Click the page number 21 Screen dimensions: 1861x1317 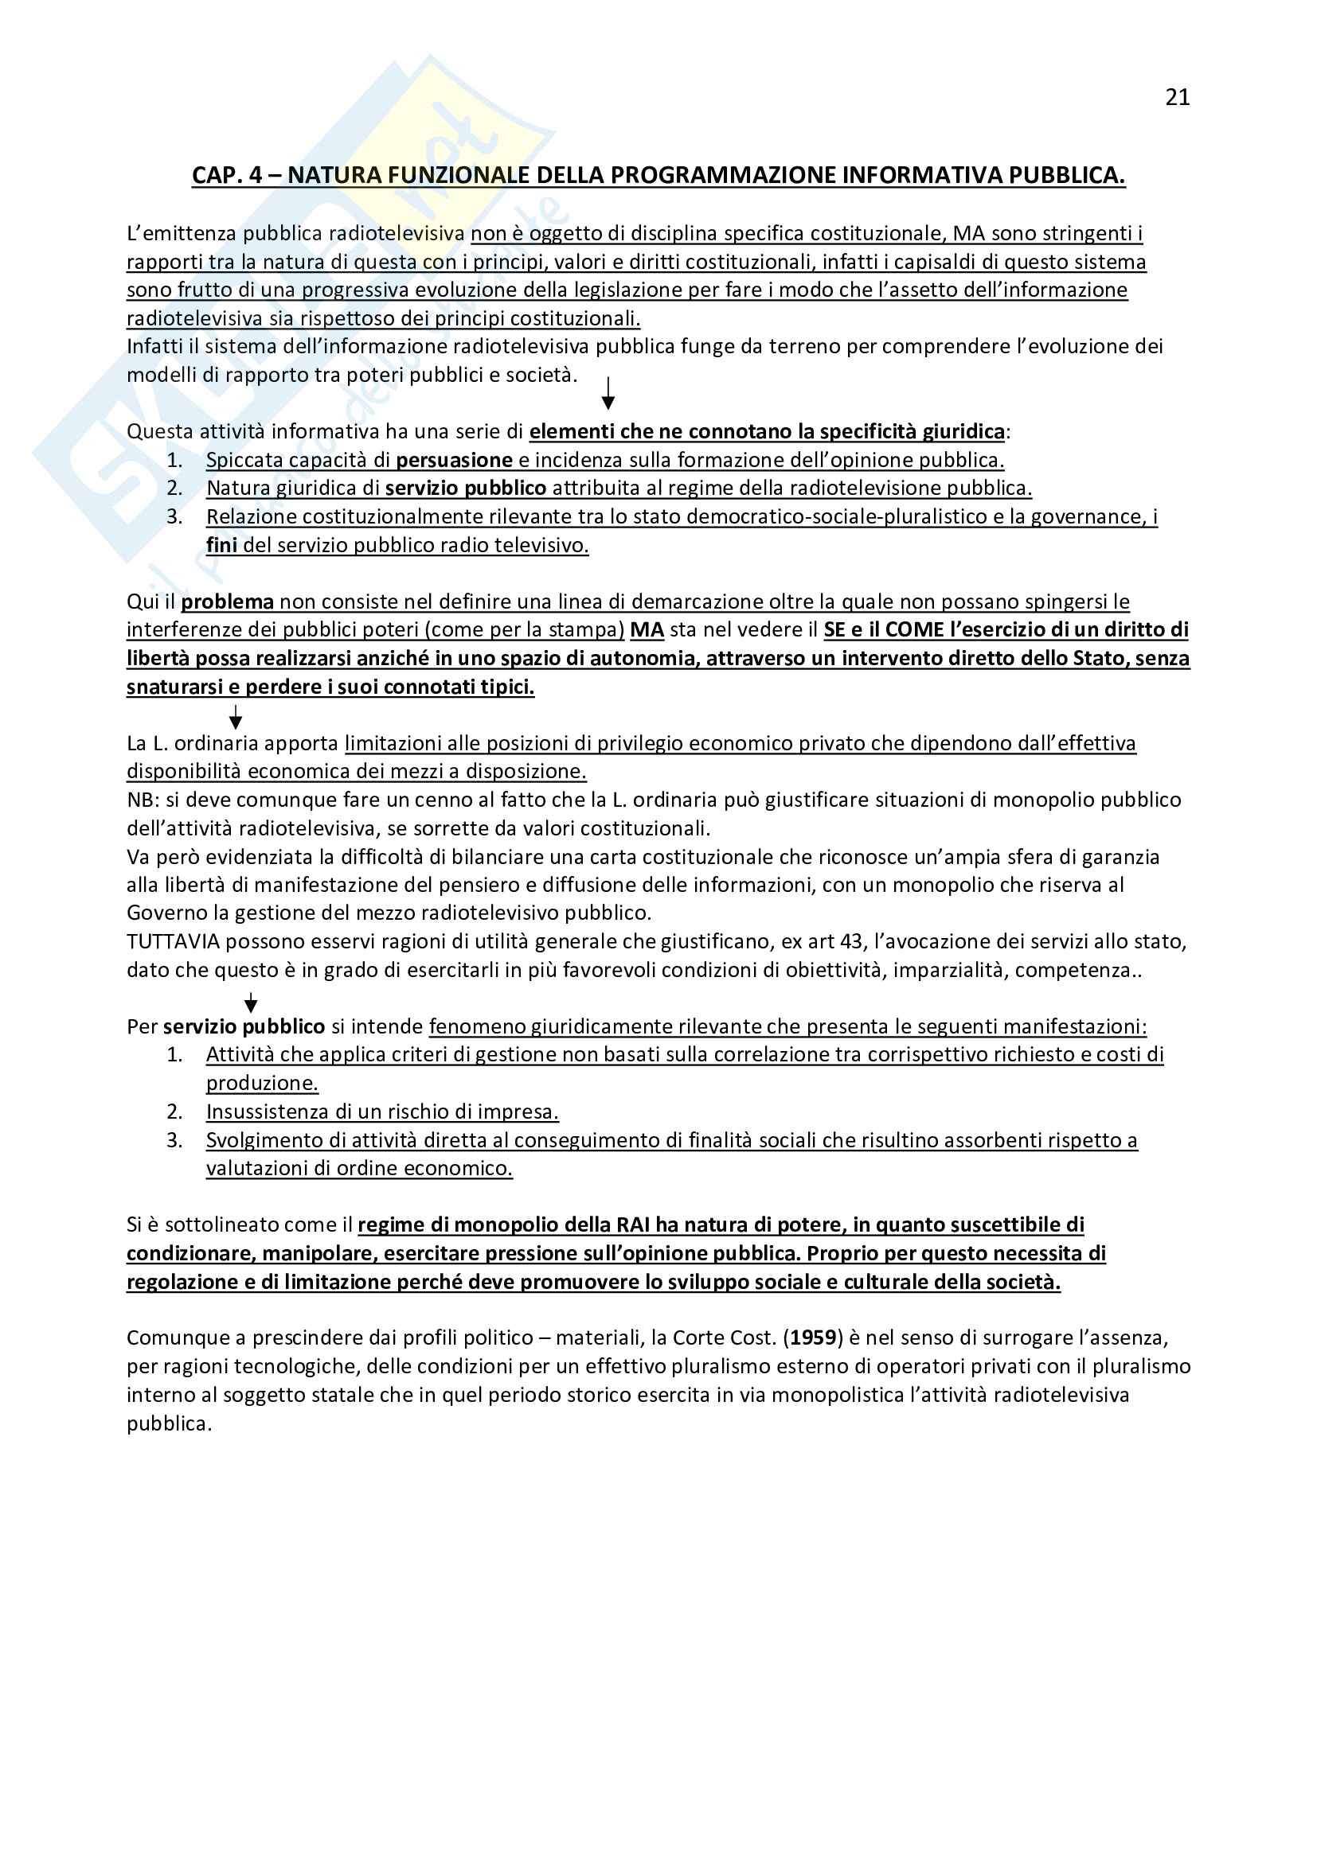pyautogui.click(x=1177, y=97)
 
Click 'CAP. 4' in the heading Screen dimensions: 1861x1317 pyautogui.click(x=227, y=175)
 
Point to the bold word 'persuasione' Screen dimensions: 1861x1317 pyautogui.click(x=454, y=461)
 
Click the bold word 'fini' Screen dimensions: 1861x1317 pyautogui.click(x=221, y=545)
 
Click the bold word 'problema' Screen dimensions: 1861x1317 pyautogui.click(x=227, y=602)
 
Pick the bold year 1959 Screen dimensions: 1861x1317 pyautogui.click(x=814, y=1338)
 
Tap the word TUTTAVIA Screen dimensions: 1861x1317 pyautogui.click(x=173, y=942)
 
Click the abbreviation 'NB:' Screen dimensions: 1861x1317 pyautogui.click(x=143, y=800)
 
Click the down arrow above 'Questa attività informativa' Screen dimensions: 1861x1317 pyautogui.click(x=608, y=393)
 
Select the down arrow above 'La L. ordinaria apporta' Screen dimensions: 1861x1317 pyautogui.click(x=235, y=718)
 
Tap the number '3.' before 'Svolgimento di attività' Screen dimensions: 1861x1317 pyautogui.click(x=174, y=1140)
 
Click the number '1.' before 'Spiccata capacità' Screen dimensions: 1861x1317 pyautogui.click(x=174, y=461)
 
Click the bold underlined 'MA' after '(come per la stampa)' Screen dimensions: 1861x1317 pyautogui.click(x=647, y=630)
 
